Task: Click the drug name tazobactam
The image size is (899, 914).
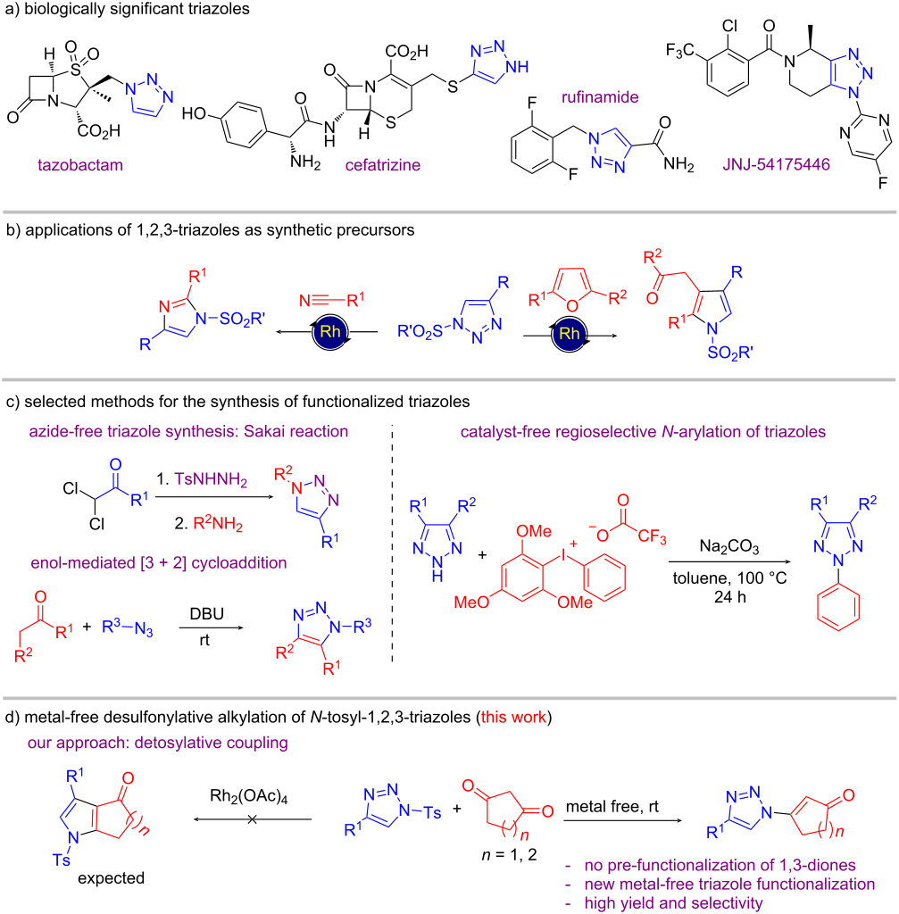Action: [80, 165]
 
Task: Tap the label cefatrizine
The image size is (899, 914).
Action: [382, 165]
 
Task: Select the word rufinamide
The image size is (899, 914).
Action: [600, 96]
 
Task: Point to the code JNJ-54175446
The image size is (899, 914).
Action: [776, 164]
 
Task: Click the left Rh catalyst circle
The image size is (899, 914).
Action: [329, 332]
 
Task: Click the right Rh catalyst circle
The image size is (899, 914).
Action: [569, 334]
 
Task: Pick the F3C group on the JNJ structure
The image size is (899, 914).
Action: [679, 51]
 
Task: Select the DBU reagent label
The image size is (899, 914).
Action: [207, 614]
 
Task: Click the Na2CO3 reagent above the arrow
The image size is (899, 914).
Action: [729, 547]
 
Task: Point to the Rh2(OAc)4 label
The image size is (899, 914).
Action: [249, 797]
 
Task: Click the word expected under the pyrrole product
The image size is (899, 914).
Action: [111, 878]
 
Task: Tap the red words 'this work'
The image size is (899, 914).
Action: [513, 717]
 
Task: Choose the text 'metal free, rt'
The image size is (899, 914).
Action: [612, 807]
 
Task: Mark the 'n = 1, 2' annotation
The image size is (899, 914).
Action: [509, 854]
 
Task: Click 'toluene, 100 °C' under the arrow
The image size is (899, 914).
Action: [730, 578]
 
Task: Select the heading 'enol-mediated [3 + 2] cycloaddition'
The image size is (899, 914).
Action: [159, 563]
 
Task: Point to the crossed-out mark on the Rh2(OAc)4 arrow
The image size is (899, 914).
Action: [252, 819]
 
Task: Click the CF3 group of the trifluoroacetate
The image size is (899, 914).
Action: [653, 536]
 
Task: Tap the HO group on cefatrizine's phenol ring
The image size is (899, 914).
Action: [195, 113]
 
